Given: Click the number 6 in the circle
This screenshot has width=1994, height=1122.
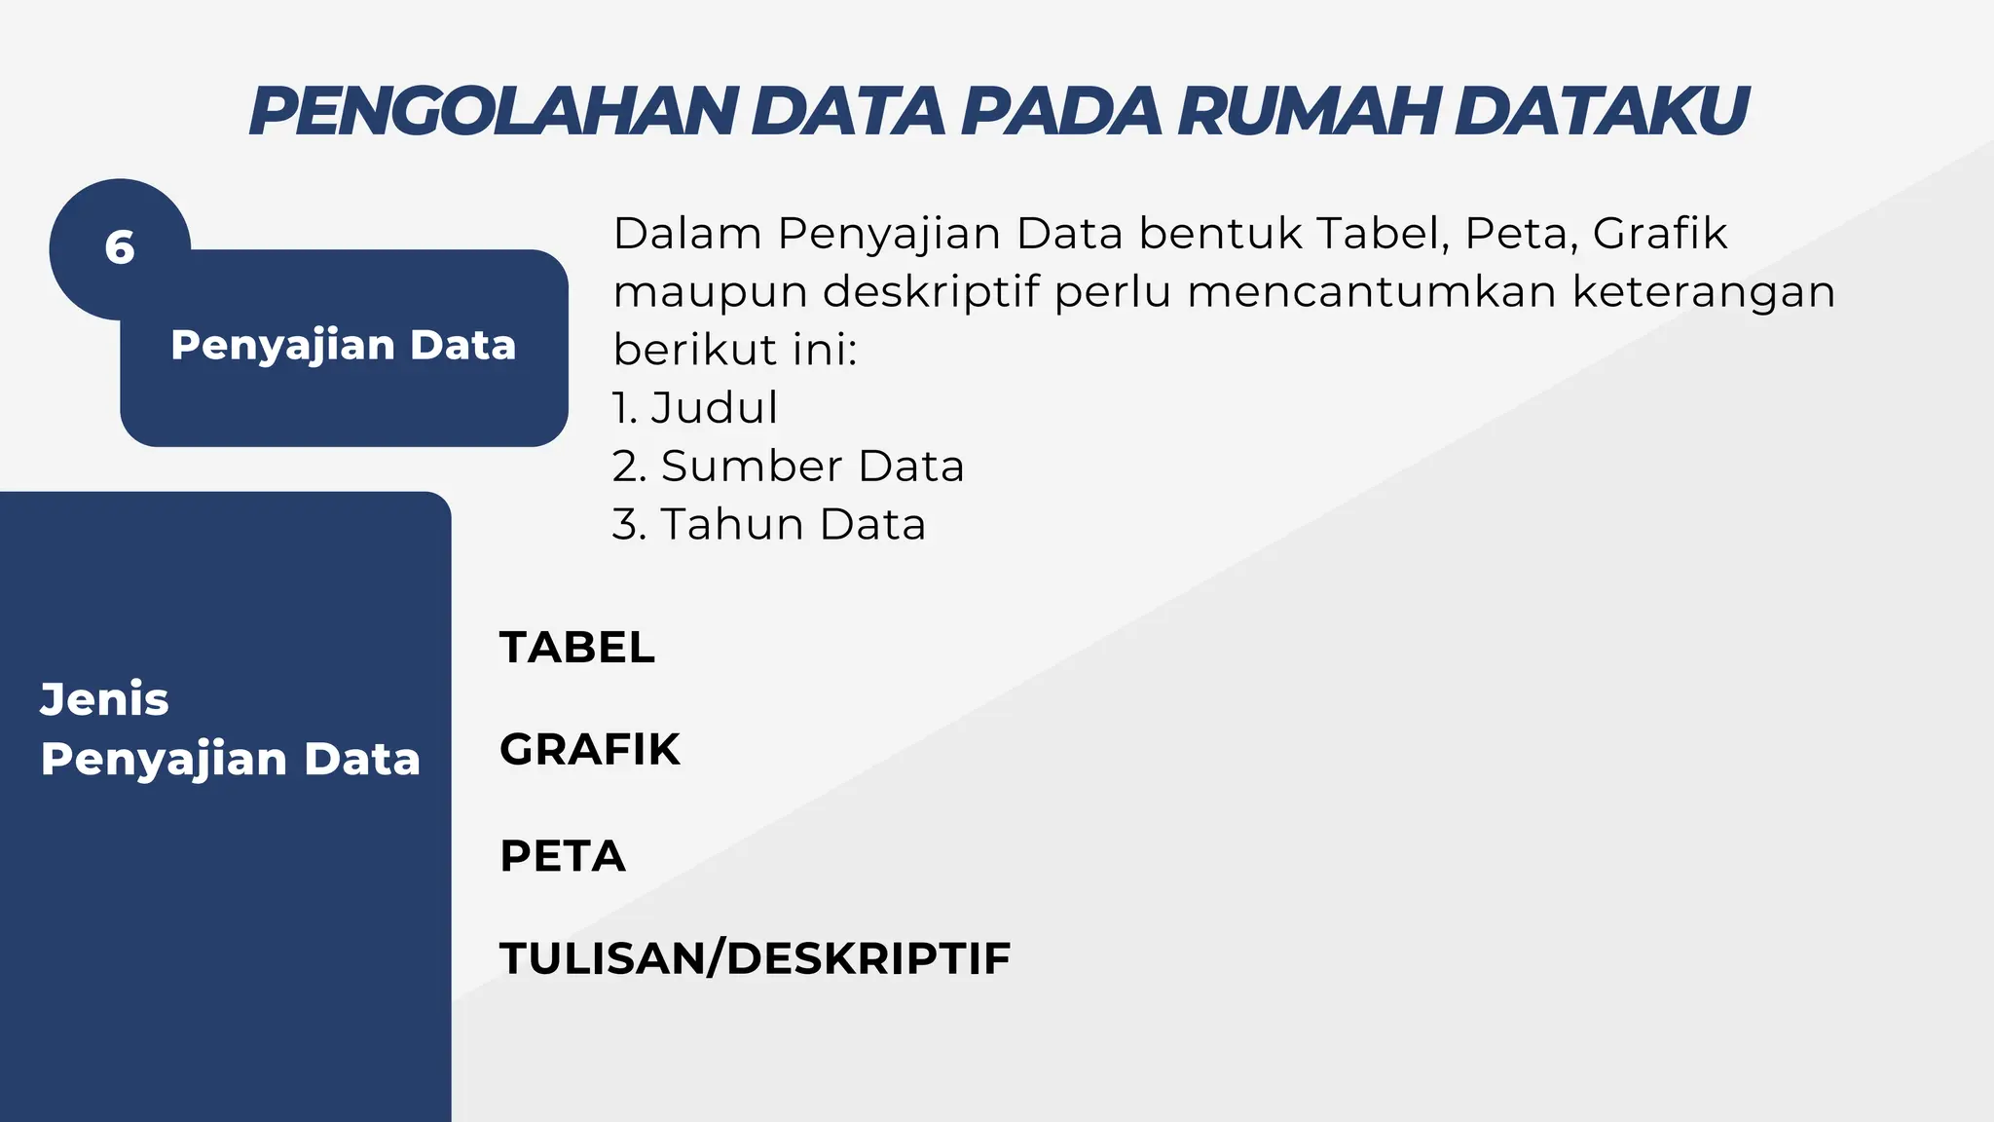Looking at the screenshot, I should pos(120,248).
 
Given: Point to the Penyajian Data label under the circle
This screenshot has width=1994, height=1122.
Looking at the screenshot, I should pos(343,346).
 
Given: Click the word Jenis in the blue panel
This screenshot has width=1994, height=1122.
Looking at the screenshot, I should pos(104,699).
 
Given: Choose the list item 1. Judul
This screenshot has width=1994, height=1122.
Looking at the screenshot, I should pos(695,408).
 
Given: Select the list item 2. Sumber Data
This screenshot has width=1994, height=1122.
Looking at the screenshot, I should pos(788,467).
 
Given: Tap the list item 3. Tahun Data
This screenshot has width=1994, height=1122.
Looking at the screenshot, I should pos(768,524).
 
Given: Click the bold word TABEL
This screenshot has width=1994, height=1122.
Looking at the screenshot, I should pos(577,648).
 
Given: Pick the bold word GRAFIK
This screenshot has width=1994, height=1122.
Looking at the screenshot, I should pos(589,750).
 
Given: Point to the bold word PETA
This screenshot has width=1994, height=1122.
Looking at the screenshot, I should pos(562,856).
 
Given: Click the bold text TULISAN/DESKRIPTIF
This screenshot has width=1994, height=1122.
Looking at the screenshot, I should pos(755,958).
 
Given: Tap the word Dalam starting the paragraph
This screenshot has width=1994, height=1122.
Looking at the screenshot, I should pos(686,234).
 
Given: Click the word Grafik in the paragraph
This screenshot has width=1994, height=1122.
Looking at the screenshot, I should pos(1659,234).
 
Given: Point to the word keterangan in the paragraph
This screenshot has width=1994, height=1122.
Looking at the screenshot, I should pos(1704,292).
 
